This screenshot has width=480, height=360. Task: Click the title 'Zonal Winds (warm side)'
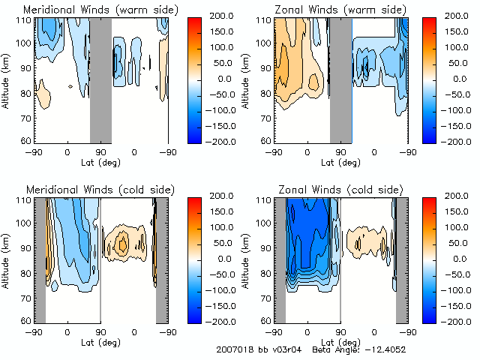[339, 9]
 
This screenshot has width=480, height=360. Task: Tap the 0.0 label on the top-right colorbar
[466, 78]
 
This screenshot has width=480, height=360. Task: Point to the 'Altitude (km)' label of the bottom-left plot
[7, 259]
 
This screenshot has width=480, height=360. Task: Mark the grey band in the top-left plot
[100, 79]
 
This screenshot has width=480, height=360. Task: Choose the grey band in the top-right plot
[340, 79]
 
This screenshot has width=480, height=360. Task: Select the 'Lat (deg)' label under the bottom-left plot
[100, 342]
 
